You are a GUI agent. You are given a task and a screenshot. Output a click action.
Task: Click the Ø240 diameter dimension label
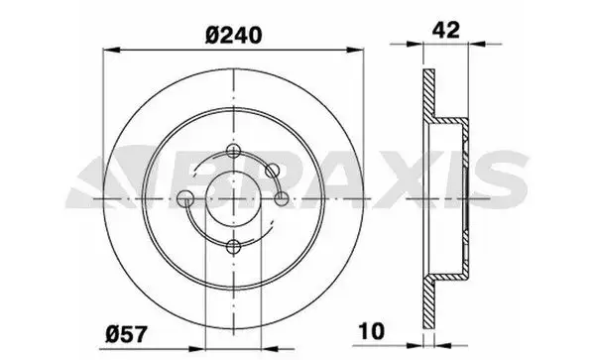coord(233,36)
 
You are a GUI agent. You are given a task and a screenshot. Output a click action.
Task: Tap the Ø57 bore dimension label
coord(126,334)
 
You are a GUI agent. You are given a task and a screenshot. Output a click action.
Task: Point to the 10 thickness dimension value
coord(372,331)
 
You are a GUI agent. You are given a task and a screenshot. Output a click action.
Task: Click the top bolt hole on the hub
coord(233,151)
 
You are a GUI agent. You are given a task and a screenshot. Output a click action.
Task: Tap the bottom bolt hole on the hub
coord(233,247)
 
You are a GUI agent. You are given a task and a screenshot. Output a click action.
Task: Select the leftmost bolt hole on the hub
coord(185,198)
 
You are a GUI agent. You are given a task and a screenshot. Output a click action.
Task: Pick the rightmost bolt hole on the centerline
coord(282,198)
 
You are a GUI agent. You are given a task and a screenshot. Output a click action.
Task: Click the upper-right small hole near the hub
coord(272,171)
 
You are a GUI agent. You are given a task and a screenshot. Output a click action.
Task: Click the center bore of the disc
coord(233,198)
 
